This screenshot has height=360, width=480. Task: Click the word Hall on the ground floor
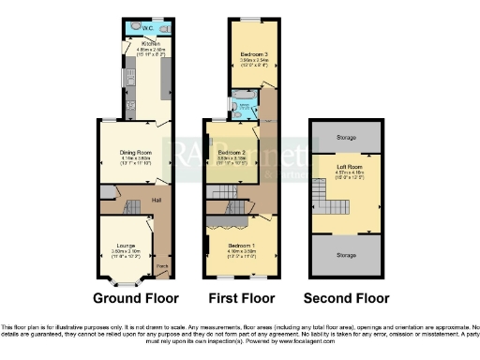pyautogui.click(x=159, y=200)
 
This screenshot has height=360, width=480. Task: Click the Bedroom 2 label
pyautogui.click(x=231, y=152)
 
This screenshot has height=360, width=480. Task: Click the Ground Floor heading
pyautogui.click(x=137, y=299)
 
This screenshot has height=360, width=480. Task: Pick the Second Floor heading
pyautogui.click(x=348, y=299)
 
